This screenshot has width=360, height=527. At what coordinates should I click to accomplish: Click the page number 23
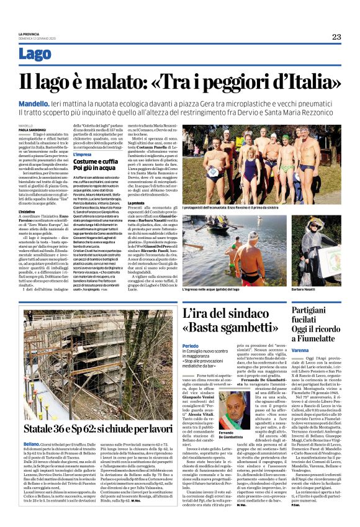(336, 37)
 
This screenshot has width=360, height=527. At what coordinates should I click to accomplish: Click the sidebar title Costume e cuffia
(92, 161)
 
